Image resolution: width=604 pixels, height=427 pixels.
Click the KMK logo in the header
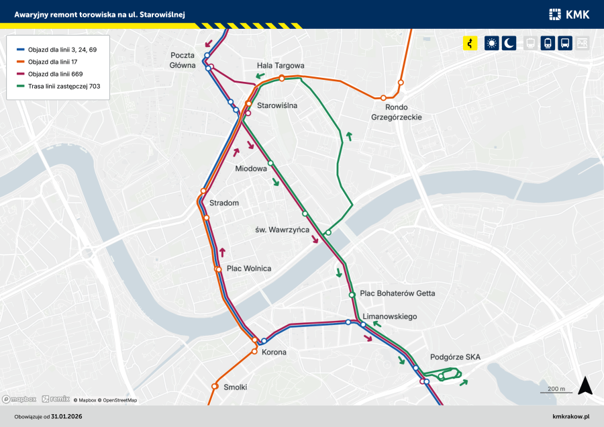pos(569,14)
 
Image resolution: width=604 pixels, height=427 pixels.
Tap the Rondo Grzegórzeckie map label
pos(396,112)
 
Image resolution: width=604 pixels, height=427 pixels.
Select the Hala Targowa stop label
pos(281,66)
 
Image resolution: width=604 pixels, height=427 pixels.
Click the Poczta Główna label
pos(183,60)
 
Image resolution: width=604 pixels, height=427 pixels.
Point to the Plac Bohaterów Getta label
pos(397,293)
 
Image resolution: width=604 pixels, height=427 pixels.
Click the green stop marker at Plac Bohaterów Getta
pos(351,295)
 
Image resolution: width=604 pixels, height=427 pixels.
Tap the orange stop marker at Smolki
pos(215,386)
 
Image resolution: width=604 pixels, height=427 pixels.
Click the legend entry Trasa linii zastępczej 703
pos(64,86)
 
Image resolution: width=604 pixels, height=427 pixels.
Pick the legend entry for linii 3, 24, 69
pos(62,50)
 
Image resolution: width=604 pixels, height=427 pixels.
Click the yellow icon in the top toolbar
pos(470,43)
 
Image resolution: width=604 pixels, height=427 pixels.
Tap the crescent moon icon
pos(509,43)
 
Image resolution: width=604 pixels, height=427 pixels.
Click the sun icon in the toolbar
pos(492,43)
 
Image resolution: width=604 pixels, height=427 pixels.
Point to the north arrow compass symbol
pos(585,386)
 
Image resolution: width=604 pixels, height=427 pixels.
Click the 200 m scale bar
pos(556,390)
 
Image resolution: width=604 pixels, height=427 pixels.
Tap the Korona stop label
pos(274,352)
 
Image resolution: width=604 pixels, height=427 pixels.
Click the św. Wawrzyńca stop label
pos(281,230)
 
